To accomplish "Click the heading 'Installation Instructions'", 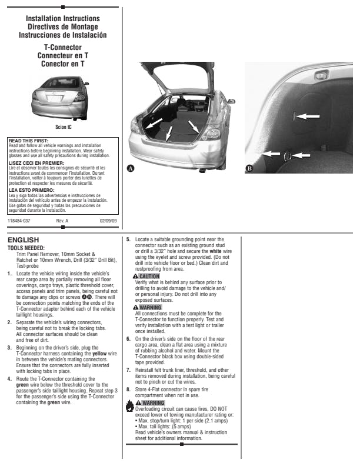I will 63,19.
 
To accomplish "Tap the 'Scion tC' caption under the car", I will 64,125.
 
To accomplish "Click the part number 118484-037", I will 19,221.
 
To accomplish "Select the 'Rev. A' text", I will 62,221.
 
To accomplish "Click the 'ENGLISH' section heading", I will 24,240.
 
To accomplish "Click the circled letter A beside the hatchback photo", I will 131,168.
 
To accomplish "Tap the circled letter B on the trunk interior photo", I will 249,168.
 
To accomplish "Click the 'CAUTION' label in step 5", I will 149,276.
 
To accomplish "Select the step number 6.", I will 129,339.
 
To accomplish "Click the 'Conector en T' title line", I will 63,63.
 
